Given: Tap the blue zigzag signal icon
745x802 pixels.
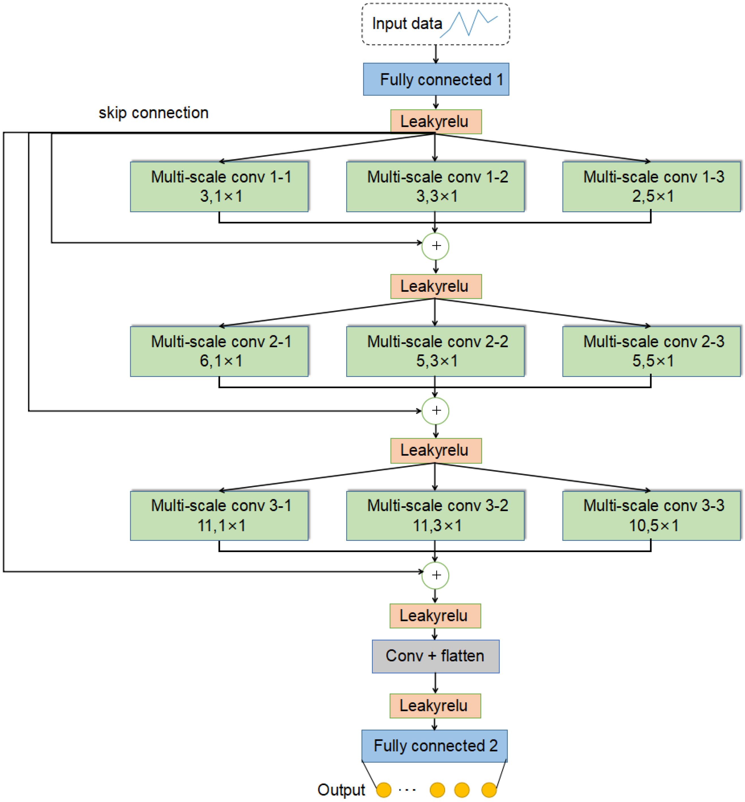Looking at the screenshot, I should pyautogui.click(x=468, y=23).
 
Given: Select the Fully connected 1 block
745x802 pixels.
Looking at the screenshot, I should pyautogui.click(x=436, y=80).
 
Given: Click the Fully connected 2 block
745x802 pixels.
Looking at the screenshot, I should pyautogui.click(x=434, y=746).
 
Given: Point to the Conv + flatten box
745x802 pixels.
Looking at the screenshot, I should pyautogui.click(x=435, y=656).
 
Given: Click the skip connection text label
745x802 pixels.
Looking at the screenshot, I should pyautogui.click(x=154, y=113).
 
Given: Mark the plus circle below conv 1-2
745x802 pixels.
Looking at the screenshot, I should pyautogui.click(x=435, y=246).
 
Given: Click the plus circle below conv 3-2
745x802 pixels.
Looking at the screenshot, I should pyautogui.click(x=435, y=575).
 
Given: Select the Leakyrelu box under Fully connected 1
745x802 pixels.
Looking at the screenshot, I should pyautogui.click(x=436, y=122).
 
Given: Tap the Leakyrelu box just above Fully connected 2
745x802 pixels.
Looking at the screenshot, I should pyautogui.click(x=435, y=706).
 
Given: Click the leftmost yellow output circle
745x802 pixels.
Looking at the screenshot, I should pyautogui.click(x=383, y=790).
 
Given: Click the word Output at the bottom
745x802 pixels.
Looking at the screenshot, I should pyautogui.click(x=341, y=790).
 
